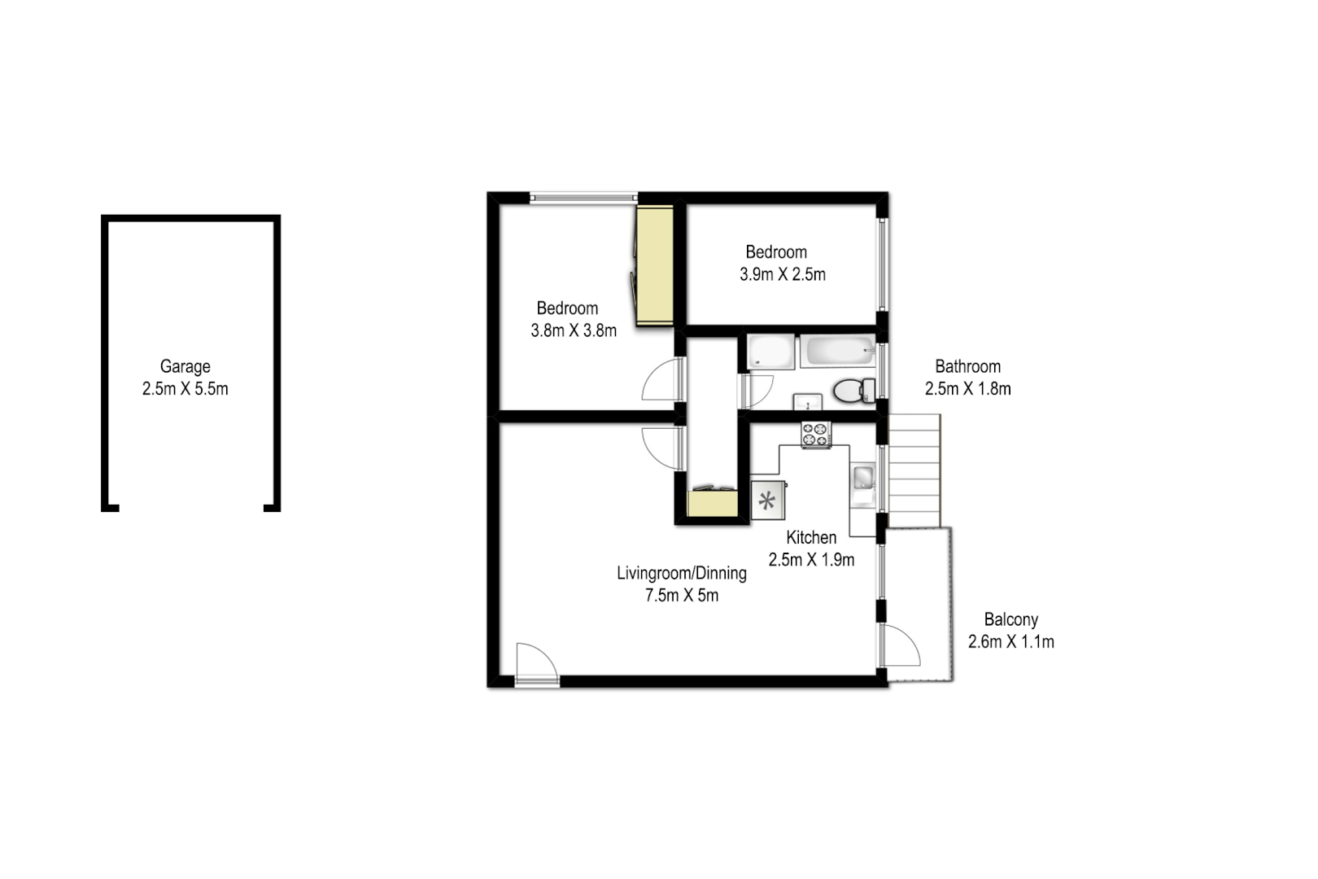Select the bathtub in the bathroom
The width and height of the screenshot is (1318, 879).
(837, 352)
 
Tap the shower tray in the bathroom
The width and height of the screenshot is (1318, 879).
(770, 352)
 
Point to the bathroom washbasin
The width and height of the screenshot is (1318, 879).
(807, 401)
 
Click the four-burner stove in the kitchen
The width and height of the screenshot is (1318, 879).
(815, 435)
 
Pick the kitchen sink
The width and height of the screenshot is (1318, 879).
(862, 478)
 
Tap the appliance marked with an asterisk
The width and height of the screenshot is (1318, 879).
(767, 500)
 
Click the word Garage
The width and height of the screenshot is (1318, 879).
(185, 366)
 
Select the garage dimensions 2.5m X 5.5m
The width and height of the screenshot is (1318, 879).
(185, 389)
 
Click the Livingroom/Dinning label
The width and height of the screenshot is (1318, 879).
(681, 573)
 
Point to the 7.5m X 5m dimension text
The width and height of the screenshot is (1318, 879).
(681, 596)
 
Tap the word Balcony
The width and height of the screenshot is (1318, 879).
(1010, 619)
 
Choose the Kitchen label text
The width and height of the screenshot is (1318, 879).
(810, 537)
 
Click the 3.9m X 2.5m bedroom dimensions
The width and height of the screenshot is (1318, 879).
(782, 275)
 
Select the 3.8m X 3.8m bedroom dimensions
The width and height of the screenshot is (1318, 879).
(573, 330)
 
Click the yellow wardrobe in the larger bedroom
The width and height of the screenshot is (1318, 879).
(654, 265)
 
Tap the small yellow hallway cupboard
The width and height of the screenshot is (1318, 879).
(712, 503)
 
